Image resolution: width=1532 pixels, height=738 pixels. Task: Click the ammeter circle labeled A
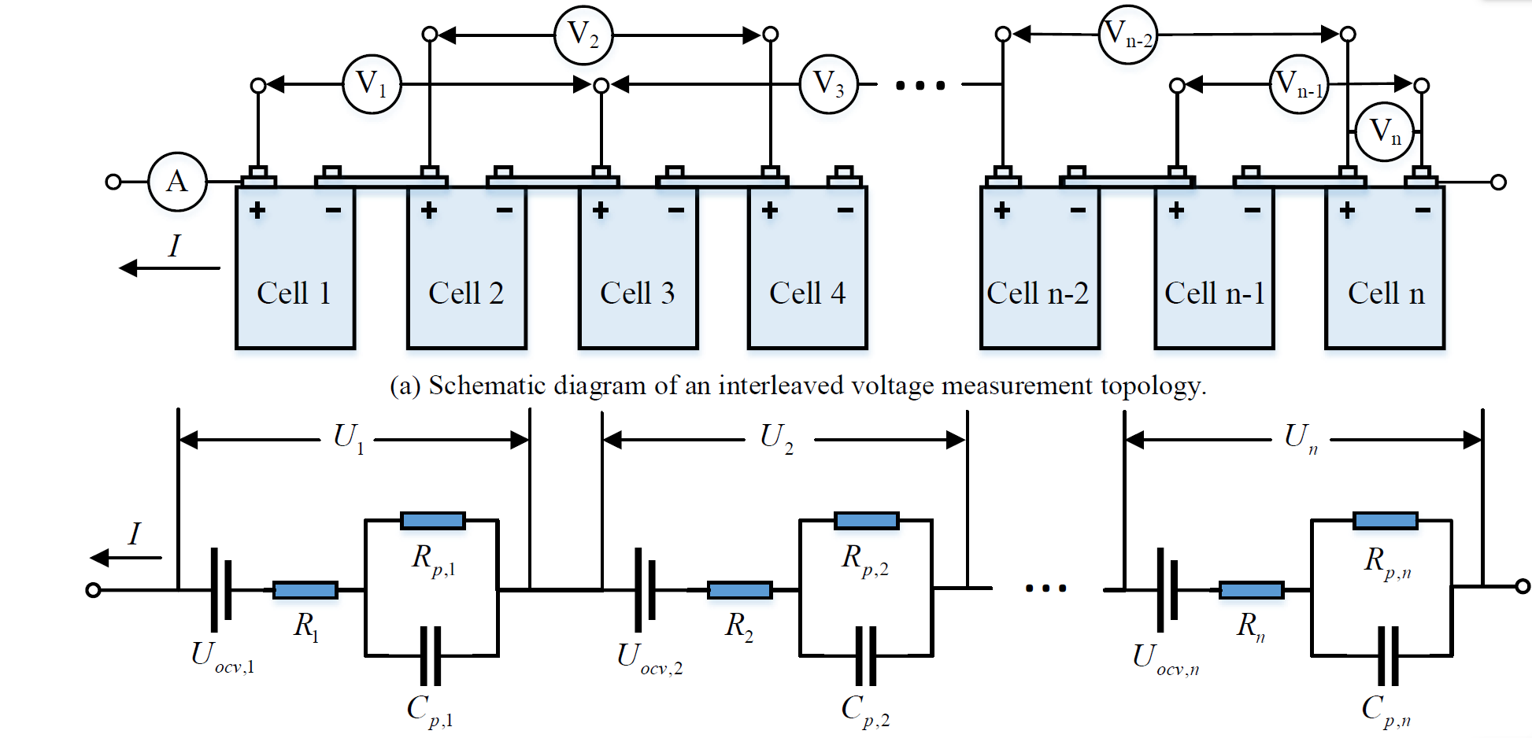tap(178, 182)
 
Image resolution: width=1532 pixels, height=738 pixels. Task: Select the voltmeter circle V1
tap(372, 84)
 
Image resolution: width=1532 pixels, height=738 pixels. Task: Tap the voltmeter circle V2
tap(583, 35)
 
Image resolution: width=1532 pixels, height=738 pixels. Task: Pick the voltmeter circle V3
tap(828, 84)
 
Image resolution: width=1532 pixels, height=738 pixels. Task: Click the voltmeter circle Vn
tap(1385, 131)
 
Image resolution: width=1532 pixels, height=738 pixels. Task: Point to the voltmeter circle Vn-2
tap(1128, 35)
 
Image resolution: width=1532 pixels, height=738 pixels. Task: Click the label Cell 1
tap(294, 293)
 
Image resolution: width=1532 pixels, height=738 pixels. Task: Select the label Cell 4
tap(807, 293)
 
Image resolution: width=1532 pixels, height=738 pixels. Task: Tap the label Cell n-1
tap(1214, 293)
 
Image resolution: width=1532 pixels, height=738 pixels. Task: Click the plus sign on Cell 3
tap(601, 210)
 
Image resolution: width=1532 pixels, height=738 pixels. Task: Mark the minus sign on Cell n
tap(1423, 210)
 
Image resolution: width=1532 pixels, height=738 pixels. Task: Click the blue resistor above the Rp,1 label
tap(432, 520)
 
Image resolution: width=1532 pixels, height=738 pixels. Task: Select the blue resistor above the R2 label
tap(739, 590)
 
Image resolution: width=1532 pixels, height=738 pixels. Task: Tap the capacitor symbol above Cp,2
tap(866, 655)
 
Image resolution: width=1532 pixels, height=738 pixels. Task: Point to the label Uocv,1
tap(222, 656)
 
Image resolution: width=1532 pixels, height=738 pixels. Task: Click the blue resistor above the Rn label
tap(1251, 590)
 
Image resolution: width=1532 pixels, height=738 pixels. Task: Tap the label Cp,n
tap(1386, 710)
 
